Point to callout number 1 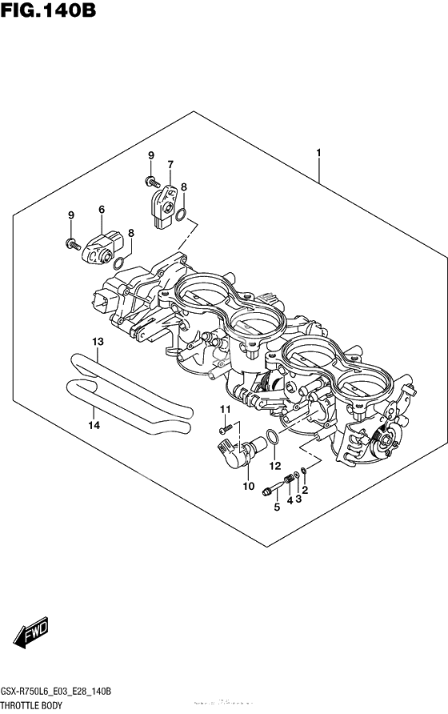point(318,152)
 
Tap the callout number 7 point(170,165)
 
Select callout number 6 point(102,210)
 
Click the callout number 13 point(97,342)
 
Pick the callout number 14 point(93,425)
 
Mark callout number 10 point(248,486)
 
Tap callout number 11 point(226,410)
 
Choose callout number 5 point(277,507)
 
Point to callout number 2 point(305,488)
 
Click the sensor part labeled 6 point(102,247)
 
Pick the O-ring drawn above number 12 point(272,437)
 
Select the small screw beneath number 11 point(226,429)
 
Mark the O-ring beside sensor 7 point(183,215)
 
